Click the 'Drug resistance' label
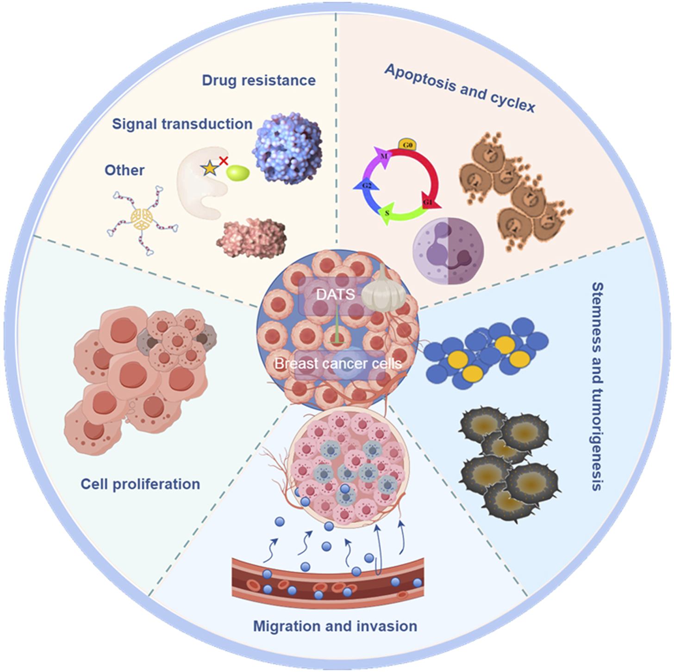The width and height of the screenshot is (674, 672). pos(258,80)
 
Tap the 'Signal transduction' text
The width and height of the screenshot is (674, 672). pos(182,124)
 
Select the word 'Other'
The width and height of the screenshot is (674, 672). pos(124,170)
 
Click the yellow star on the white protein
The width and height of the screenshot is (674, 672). pos(210,168)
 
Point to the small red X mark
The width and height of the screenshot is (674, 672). pos(224,161)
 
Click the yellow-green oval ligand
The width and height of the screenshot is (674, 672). pos(238,173)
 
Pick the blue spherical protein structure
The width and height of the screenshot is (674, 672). pos(287,148)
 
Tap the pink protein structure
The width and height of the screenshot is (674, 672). pos(252,238)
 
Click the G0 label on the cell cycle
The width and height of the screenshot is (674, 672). pos(407,145)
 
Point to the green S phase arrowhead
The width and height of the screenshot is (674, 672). pos(387,214)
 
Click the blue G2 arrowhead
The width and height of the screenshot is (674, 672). pos(367,186)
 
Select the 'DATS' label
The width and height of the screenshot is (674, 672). pos(335,294)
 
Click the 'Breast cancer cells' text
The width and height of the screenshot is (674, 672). pos(338,364)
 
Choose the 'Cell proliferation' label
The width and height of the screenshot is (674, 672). pos(140,484)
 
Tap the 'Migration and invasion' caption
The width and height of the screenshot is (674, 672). pos(335,626)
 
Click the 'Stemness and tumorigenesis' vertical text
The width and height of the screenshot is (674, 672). pos(598,387)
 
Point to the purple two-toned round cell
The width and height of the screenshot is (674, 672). pos(448,251)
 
